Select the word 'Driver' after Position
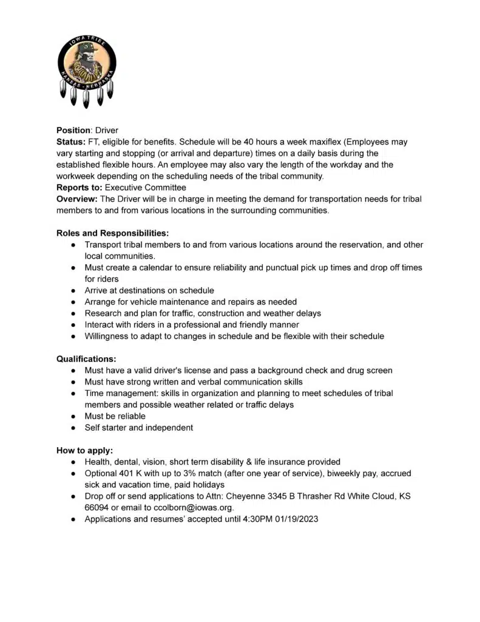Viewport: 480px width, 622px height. pos(107,131)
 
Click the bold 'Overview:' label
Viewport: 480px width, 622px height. pos(77,199)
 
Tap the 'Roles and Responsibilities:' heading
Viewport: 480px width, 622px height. pos(112,233)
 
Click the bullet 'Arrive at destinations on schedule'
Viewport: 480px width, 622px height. pos(149,290)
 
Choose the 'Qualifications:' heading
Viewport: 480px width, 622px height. pos(86,359)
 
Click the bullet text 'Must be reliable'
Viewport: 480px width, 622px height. pos(115,416)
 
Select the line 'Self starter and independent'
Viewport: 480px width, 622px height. pos(139,428)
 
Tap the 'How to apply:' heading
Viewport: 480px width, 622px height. pos(84,451)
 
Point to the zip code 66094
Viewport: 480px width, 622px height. pos(96,508)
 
